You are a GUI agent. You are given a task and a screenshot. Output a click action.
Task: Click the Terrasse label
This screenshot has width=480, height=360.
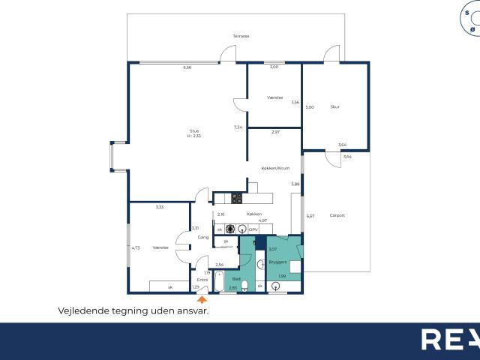point(241,36)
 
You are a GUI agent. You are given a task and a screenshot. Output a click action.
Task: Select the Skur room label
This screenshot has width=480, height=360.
point(335,107)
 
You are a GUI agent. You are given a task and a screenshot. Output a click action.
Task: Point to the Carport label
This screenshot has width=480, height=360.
point(337,215)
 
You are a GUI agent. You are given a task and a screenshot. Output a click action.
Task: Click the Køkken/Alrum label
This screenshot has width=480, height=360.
point(275,168)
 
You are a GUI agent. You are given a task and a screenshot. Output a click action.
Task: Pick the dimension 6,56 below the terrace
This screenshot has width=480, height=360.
point(187,67)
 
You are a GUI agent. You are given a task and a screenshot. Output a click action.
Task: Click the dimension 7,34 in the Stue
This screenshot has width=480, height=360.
point(238,127)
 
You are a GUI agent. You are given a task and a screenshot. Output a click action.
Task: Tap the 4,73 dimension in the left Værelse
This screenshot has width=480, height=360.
point(136,247)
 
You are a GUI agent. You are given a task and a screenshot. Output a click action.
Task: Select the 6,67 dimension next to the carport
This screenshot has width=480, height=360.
point(310,216)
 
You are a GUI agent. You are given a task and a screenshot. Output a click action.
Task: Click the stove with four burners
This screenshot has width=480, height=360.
point(236,199)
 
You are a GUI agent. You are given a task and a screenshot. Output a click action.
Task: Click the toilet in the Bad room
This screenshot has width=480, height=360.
point(244,284)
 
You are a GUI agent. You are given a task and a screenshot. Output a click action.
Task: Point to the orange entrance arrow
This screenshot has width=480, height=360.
point(202,298)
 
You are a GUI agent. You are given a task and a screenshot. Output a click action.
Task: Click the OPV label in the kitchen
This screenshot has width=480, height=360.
point(253,229)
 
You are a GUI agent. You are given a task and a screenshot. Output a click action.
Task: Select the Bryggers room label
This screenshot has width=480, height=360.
point(278,262)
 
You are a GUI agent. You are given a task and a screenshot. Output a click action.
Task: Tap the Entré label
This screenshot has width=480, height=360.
point(202,280)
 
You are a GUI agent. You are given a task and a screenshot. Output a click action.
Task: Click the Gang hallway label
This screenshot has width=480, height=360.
point(202,238)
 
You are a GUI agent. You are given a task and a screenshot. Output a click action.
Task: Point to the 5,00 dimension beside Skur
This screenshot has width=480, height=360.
point(309,107)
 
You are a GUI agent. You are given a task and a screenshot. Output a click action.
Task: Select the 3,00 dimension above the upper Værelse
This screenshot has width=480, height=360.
point(274,67)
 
